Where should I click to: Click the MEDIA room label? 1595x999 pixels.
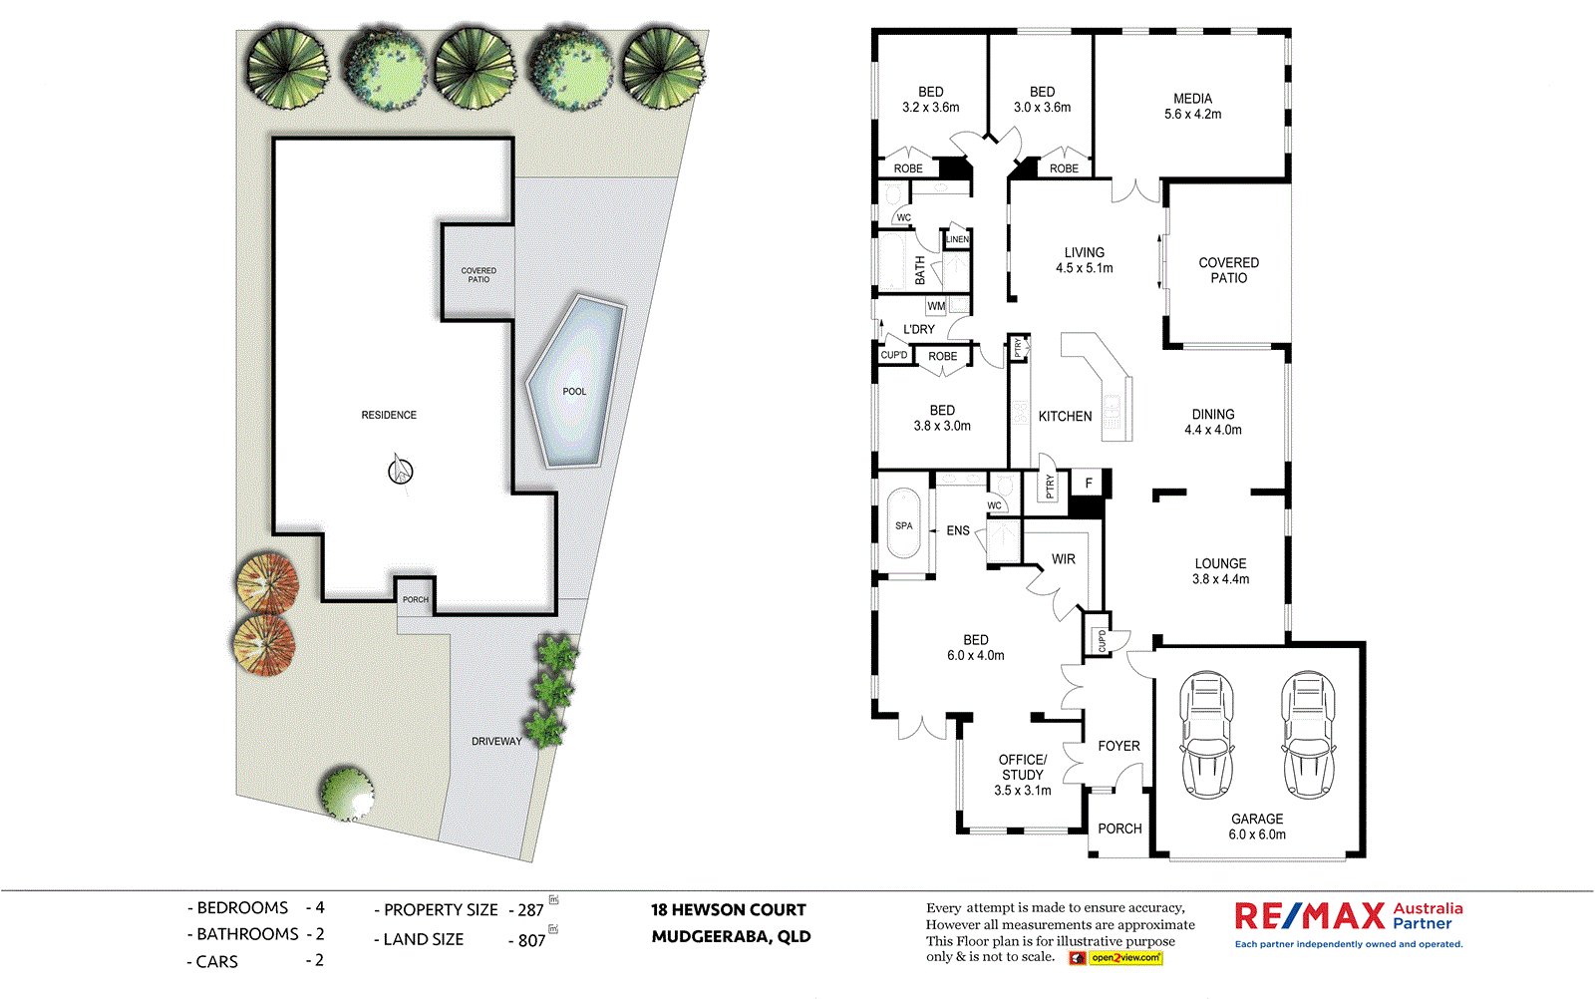coord(1192,99)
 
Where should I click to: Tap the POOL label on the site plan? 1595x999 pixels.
coord(574,392)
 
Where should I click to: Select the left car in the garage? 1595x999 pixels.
coord(1206,735)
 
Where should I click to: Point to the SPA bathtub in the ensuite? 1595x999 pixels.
coord(903,526)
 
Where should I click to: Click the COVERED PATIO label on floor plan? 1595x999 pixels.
coord(1228,270)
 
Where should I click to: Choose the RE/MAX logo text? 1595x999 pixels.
coord(1310,915)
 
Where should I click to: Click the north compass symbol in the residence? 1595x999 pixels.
coord(400,470)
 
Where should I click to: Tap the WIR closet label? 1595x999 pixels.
coord(1064,559)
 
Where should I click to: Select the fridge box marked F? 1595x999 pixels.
coord(1089,484)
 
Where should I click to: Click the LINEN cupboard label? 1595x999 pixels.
coord(957,239)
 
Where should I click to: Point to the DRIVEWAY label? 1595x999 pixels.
coord(496,742)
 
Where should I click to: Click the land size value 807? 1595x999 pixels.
coord(531,940)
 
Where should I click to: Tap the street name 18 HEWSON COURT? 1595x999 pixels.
coord(728,909)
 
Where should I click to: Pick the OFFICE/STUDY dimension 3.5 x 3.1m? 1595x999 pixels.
coord(1022,791)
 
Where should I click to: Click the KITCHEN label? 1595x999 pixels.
coord(1065,417)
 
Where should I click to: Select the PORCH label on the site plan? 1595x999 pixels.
coord(416,599)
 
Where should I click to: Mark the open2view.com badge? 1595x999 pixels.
coord(1125,958)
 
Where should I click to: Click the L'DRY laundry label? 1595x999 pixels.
coord(918,329)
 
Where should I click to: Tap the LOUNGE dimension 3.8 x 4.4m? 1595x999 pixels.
coord(1220,579)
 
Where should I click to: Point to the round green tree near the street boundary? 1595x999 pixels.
coord(346,793)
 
